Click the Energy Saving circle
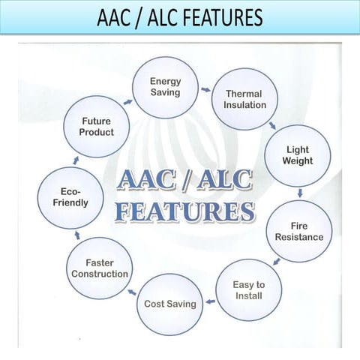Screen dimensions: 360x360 (165, 86)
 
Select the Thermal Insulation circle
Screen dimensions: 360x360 (244, 100)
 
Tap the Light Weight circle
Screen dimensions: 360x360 (298, 155)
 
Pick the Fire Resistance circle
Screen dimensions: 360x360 (298, 231)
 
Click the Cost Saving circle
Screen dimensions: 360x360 (170, 304)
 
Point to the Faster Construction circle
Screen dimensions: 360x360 (100, 268)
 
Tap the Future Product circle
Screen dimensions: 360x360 (97, 126)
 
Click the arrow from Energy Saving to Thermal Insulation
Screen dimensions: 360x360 (205, 89)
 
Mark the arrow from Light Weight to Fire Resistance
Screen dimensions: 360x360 (300, 193)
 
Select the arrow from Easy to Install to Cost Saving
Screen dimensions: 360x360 (211, 301)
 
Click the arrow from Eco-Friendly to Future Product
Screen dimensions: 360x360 (75, 160)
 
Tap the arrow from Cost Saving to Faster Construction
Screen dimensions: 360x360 (132, 291)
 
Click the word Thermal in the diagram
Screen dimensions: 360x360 (244, 94)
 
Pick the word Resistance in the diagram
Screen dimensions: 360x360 (298, 237)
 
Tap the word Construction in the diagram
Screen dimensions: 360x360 (100, 274)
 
